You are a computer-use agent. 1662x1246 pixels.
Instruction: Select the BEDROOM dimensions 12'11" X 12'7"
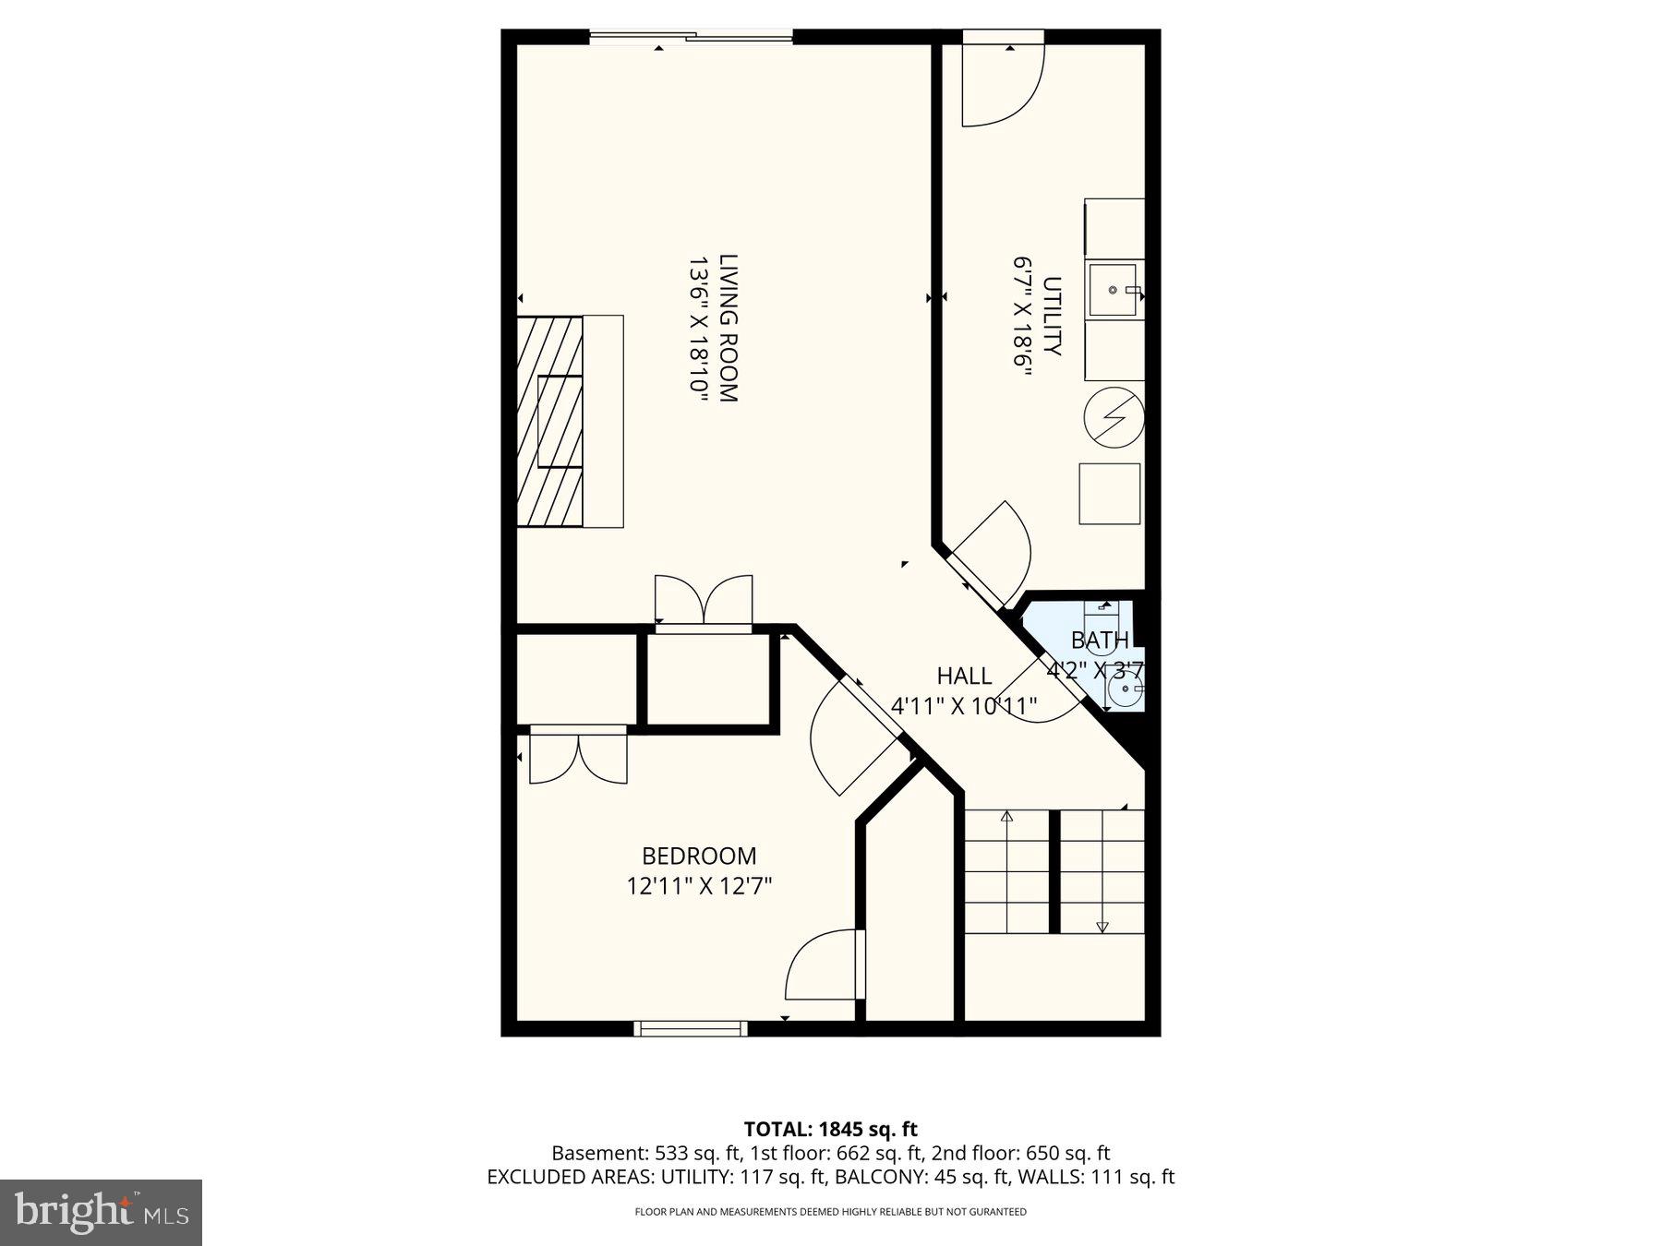point(699,887)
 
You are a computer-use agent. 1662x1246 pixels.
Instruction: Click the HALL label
point(964,676)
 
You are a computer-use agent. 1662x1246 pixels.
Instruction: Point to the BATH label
point(1099,640)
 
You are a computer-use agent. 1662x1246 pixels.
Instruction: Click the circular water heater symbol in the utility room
point(1113,418)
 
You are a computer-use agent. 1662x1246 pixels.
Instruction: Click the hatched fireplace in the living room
point(549,421)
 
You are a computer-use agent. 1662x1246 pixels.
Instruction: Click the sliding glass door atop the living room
point(691,37)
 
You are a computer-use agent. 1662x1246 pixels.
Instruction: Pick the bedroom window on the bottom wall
point(690,1028)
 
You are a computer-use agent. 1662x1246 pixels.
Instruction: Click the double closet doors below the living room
point(704,602)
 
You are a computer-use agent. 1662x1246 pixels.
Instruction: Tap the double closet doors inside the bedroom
point(578,756)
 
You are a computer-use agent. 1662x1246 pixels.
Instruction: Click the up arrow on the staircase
point(1006,817)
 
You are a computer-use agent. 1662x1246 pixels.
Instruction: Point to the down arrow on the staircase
point(1102,926)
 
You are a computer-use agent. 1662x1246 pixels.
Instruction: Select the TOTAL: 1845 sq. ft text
point(830,1129)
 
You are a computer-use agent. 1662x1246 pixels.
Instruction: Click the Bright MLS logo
point(101,1212)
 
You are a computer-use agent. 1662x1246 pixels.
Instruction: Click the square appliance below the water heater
point(1109,494)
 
